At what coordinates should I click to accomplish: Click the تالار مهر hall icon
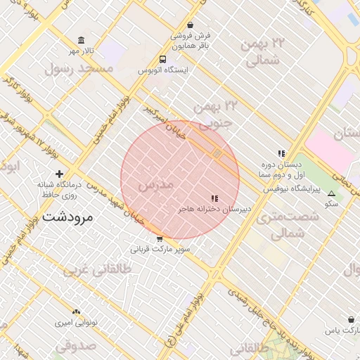click(82, 39)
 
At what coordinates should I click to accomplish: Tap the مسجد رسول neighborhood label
click(77, 68)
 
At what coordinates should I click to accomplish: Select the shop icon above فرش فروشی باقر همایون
click(190, 25)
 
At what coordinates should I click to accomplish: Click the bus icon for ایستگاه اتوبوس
click(162, 60)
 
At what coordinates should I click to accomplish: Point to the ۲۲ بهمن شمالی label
click(263, 51)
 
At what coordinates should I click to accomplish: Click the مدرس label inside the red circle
click(156, 186)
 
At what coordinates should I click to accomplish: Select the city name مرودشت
click(67, 217)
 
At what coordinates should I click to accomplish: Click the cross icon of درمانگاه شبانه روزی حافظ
click(59, 174)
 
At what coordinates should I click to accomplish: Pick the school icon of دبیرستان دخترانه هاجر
click(214, 199)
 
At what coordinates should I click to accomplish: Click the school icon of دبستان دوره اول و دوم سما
click(281, 153)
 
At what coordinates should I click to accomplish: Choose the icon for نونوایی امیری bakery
click(76, 311)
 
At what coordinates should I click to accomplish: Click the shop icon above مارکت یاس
click(351, 319)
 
